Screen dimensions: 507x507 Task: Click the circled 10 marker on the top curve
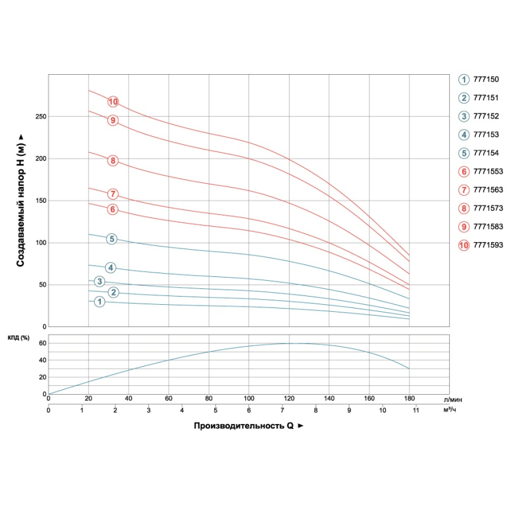pos(113,101)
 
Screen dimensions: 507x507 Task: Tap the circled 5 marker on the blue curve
pos(112,239)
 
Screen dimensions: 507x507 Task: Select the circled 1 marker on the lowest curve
pos(99,302)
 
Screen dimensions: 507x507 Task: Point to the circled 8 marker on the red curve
pos(113,160)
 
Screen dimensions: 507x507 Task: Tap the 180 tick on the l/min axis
pos(409,399)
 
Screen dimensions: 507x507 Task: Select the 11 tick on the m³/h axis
pos(416,411)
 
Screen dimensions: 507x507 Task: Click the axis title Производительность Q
pos(243,426)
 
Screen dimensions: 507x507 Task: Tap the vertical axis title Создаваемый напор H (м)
pos(20,201)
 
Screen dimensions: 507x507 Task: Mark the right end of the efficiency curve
pos(409,368)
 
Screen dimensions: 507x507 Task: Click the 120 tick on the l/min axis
pos(289,399)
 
